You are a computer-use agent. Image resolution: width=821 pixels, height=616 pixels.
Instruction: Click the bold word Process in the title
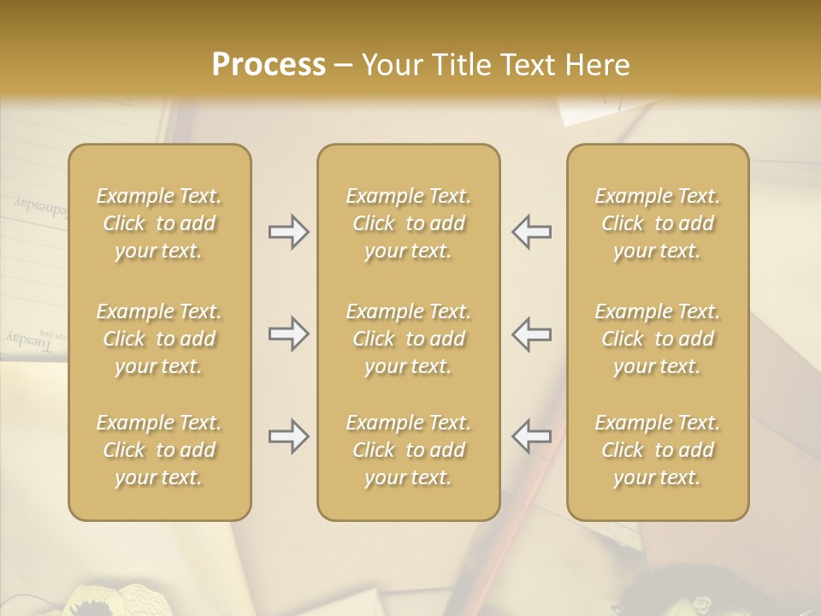point(269,64)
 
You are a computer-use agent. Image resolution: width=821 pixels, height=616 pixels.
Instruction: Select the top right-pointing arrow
point(288,232)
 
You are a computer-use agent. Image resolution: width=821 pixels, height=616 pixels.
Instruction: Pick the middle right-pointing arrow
point(288,334)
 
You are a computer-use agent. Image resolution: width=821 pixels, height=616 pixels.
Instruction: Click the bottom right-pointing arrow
point(288,437)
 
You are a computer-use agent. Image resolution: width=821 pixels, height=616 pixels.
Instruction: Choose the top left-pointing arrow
point(532,232)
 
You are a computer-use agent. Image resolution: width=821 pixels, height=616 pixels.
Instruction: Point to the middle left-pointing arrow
point(532,334)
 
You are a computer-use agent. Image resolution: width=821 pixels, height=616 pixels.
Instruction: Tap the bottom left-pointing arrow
point(532,437)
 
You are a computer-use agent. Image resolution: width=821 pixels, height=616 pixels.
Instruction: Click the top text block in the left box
point(159,223)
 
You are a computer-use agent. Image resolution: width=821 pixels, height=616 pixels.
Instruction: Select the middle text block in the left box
point(159,339)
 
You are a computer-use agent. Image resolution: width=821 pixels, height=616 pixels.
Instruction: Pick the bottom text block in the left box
point(159,450)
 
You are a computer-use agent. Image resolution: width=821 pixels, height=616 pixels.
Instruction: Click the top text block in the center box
point(409,223)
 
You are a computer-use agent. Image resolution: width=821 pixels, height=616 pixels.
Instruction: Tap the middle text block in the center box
point(409,339)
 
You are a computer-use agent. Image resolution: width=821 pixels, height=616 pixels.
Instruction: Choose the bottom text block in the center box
point(409,450)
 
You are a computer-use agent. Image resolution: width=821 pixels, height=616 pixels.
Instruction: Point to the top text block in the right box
point(658,223)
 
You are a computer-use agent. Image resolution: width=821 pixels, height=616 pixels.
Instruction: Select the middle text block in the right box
point(658,339)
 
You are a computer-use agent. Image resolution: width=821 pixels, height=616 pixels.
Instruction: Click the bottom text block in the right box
point(658,450)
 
